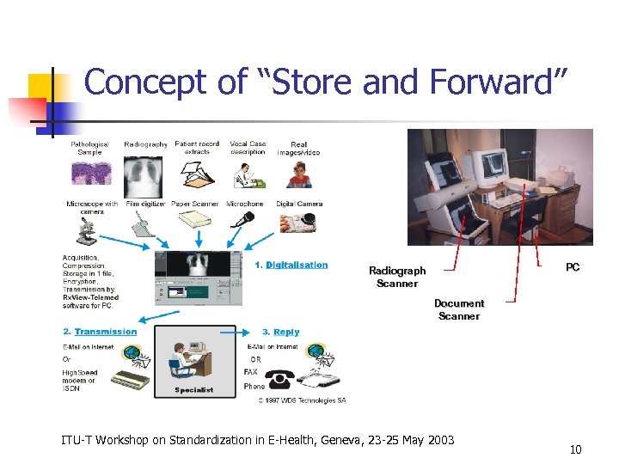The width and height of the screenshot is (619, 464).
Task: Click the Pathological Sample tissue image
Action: coord(90,177)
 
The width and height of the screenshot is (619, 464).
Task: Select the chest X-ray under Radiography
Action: coord(145,176)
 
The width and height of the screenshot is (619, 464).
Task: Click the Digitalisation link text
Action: coord(297,265)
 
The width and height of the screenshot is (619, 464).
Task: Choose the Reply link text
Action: coord(286,332)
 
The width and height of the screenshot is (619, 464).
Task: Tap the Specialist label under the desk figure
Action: coord(193,390)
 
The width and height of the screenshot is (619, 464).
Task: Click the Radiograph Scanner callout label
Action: coord(397,277)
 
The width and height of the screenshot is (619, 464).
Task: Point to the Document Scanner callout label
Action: coord(459,309)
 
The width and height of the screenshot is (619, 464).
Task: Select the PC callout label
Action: coord(573,267)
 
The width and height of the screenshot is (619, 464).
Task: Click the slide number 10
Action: coord(575,449)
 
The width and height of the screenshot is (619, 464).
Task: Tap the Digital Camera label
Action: coord(299,205)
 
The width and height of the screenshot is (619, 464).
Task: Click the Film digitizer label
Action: coord(145,205)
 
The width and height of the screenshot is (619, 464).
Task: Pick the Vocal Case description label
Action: coord(248,148)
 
